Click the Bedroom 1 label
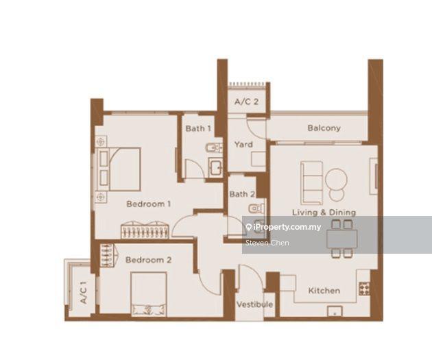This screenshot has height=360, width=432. click(148, 204)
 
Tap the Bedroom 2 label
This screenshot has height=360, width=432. click(148, 260)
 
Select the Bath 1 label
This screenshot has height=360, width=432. click(198, 128)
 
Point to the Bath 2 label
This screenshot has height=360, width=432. click(242, 194)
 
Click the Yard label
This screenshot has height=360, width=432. click(243, 145)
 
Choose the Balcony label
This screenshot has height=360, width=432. click(324, 128)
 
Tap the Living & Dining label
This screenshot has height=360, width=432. click(324, 213)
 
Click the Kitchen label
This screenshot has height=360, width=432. click(324, 291)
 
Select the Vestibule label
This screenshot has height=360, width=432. click(254, 304)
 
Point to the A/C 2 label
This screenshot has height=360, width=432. click(245, 101)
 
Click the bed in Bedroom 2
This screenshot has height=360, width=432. click(149, 293)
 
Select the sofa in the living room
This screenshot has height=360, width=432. click(312, 182)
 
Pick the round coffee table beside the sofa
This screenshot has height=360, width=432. click(336, 180)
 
